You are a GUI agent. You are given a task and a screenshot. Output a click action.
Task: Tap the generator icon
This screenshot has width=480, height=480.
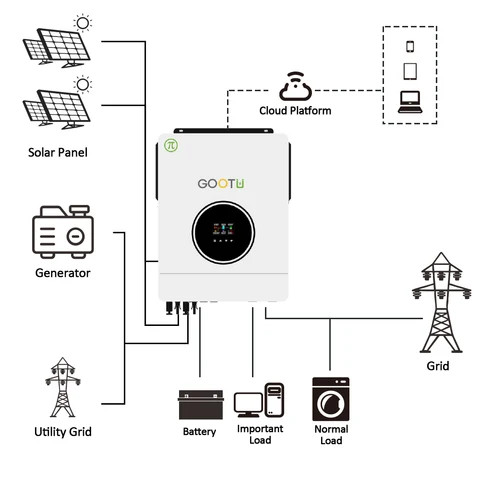[x=63, y=233]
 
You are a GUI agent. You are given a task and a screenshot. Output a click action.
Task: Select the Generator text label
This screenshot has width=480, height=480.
[x=63, y=272]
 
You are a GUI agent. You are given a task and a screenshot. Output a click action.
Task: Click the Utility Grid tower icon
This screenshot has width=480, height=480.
[x=63, y=385]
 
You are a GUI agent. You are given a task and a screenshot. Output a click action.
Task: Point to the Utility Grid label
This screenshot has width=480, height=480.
[x=63, y=432]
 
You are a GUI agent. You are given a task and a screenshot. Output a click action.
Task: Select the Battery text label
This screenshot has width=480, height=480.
[x=199, y=432]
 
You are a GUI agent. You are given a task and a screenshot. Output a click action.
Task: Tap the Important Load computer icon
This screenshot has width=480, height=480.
[x=259, y=401]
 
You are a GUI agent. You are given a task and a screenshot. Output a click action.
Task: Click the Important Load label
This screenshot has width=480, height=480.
[x=259, y=434]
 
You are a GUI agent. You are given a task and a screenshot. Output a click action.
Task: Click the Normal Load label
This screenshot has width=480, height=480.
[x=331, y=434]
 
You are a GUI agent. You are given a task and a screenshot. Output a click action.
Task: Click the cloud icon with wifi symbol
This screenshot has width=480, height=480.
[x=295, y=87]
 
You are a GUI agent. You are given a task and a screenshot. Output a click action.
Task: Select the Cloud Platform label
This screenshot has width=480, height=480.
[x=295, y=110]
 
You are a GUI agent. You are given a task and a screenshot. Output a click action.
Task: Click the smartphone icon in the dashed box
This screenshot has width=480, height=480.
[x=410, y=46]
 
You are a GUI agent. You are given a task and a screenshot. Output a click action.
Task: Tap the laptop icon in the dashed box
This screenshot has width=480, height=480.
[x=410, y=100]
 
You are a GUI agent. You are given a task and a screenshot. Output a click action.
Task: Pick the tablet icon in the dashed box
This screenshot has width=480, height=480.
[x=410, y=71]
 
